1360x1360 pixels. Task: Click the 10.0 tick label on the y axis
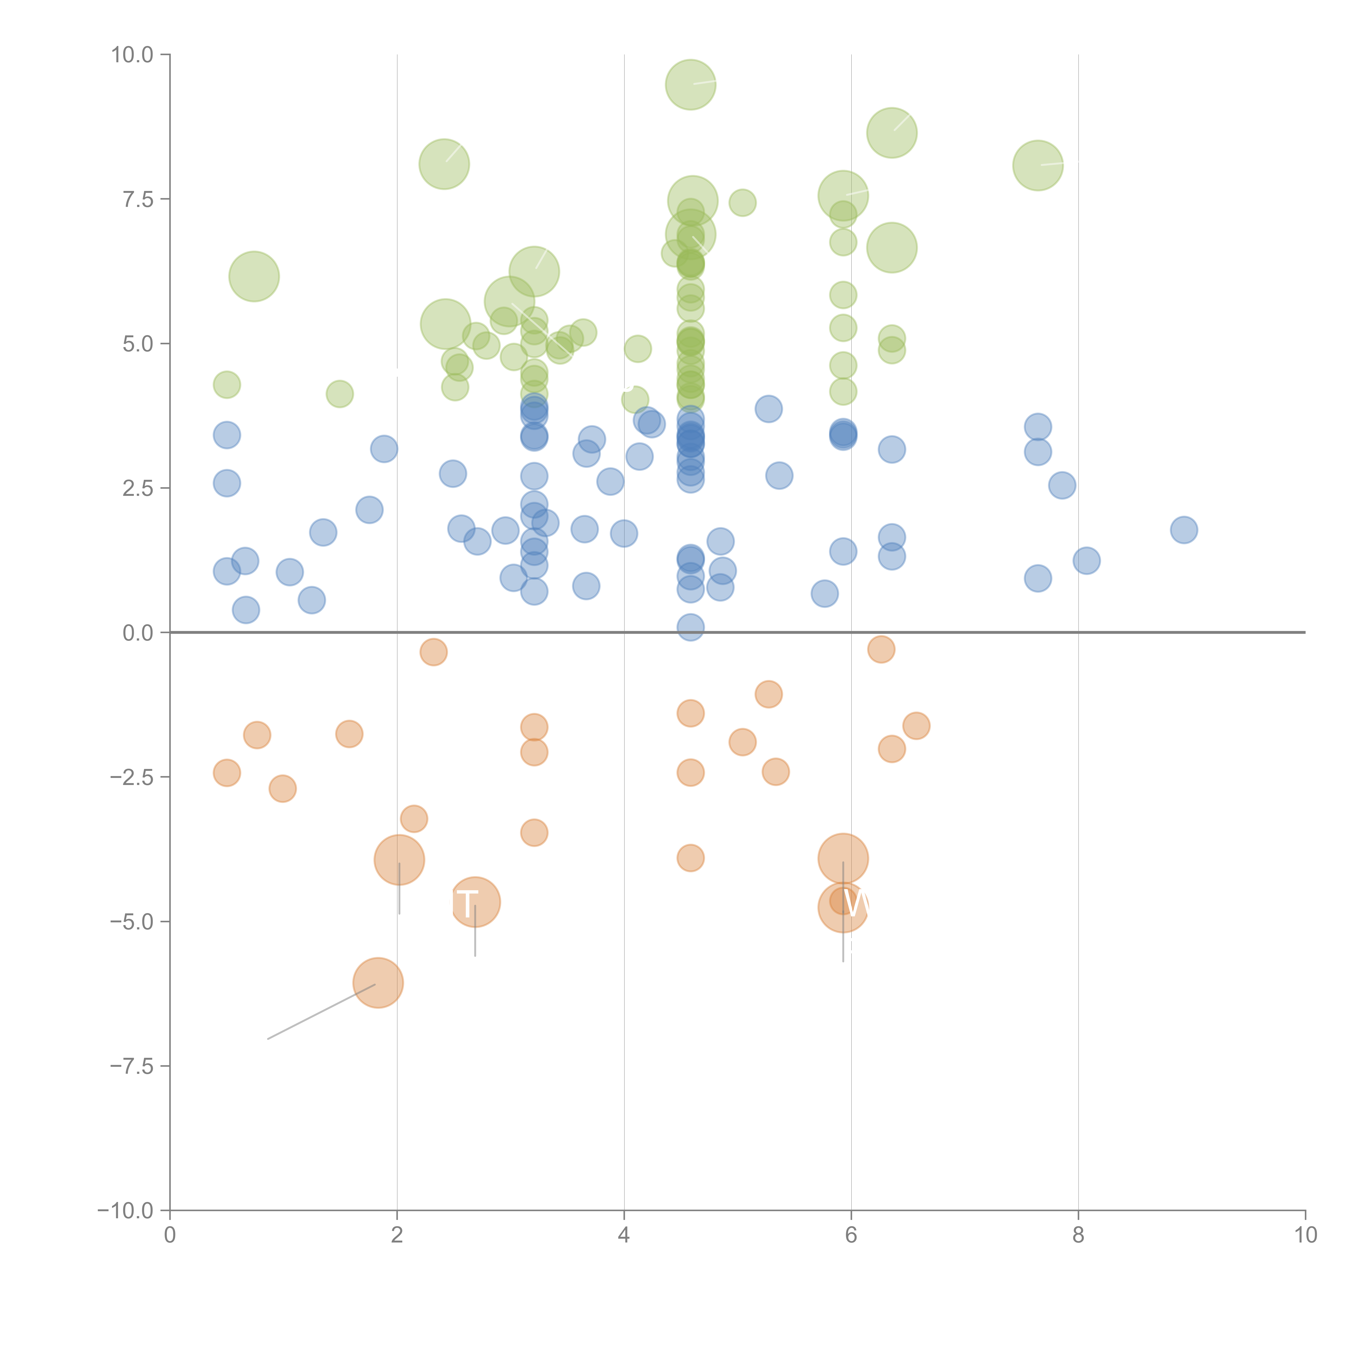tap(132, 55)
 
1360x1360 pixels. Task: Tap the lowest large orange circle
tap(378, 983)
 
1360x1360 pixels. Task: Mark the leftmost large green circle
tap(254, 276)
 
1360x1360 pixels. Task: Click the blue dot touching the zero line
tap(691, 626)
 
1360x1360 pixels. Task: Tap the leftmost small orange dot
tap(227, 773)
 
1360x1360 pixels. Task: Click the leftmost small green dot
tap(227, 384)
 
